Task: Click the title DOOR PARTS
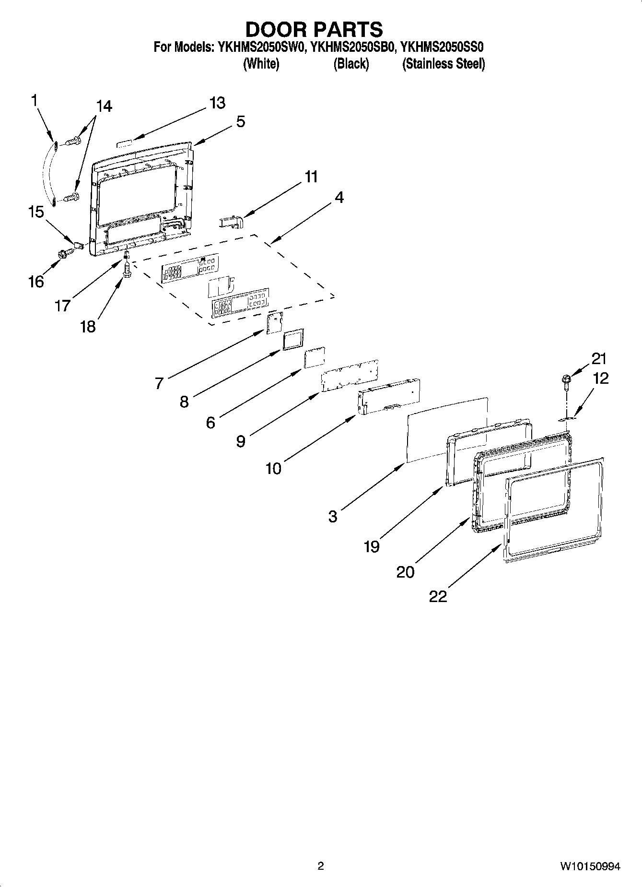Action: pyautogui.click(x=314, y=30)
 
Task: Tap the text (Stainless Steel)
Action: pyautogui.click(x=444, y=64)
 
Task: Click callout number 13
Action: pyautogui.click(x=217, y=103)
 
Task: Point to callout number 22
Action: pyautogui.click(x=438, y=596)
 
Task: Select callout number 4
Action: pyautogui.click(x=339, y=197)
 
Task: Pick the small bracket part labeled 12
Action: pyautogui.click(x=566, y=419)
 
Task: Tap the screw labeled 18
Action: pyautogui.click(x=127, y=271)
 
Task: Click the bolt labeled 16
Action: pyautogui.click(x=62, y=254)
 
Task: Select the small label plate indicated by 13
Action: pyautogui.click(x=126, y=143)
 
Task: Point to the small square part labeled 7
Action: pyautogui.click(x=274, y=323)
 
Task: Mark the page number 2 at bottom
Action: pyautogui.click(x=321, y=866)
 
